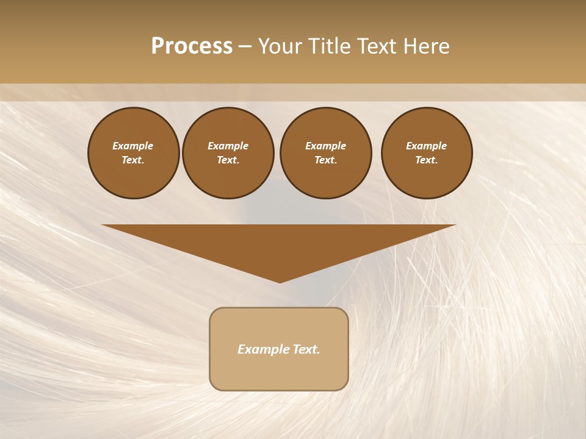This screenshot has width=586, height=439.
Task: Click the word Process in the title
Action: pyautogui.click(x=192, y=46)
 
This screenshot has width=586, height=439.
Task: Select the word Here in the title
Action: pyautogui.click(x=426, y=46)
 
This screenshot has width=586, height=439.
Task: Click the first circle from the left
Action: pyautogui.click(x=133, y=153)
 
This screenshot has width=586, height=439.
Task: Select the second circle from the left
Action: pyautogui.click(x=228, y=153)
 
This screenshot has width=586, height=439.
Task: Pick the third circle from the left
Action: pyautogui.click(x=325, y=153)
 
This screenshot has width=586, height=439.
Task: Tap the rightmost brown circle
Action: pyautogui.click(x=426, y=153)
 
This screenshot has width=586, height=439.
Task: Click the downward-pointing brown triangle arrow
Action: pyautogui.click(x=279, y=244)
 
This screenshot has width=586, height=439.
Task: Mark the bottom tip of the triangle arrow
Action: pyautogui.click(x=280, y=282)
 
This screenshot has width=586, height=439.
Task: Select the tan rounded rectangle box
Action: pyautogui.click(x=279, y=349)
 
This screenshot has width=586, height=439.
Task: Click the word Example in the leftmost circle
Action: pyautogui.click(x=133, y=146)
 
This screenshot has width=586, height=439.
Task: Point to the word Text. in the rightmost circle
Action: pyautogui.click(x=426, y=160)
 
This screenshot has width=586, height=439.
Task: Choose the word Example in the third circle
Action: pyautogui.click(x=325, y=146)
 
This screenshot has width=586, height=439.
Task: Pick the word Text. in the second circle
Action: pyautogui.click(x=228, y=160)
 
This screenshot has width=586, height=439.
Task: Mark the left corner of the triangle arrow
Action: pyautogui.click(x=103, y=225)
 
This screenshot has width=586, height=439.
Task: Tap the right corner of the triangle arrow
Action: pyautogui.click(x=455, y=225)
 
